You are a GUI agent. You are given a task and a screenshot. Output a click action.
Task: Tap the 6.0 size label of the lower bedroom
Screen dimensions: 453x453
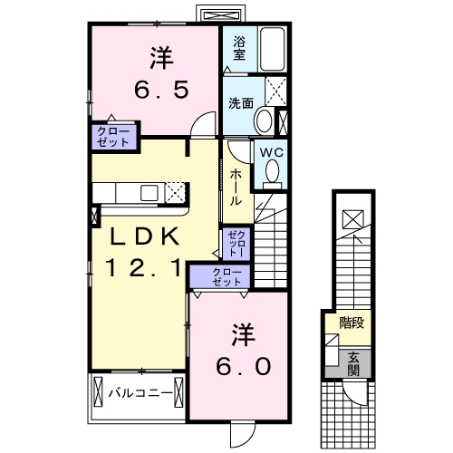pyautogui.click(x=243, y=365)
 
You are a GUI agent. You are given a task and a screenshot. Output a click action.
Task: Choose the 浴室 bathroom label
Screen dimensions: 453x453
pyautogui.click(x=239, y=48)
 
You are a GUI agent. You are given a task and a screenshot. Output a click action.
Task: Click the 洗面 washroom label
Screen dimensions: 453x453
pyautogui.click(x=239, y=102)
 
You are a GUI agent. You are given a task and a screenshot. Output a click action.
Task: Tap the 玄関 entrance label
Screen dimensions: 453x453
pyautogui.click(x=352, y=362)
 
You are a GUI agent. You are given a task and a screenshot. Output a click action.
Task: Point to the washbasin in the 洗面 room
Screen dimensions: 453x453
pyautogui.click(x=264, y=120)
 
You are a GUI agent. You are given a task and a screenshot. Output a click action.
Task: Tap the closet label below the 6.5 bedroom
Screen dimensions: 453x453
pyautogui.click(x=115, y=137)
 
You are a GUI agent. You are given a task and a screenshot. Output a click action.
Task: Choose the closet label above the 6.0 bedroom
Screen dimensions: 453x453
pyautogui.click(x=227, y=277)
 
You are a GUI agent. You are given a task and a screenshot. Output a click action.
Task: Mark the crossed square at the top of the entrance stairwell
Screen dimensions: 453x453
pyautogui.click(x=353, y=218)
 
